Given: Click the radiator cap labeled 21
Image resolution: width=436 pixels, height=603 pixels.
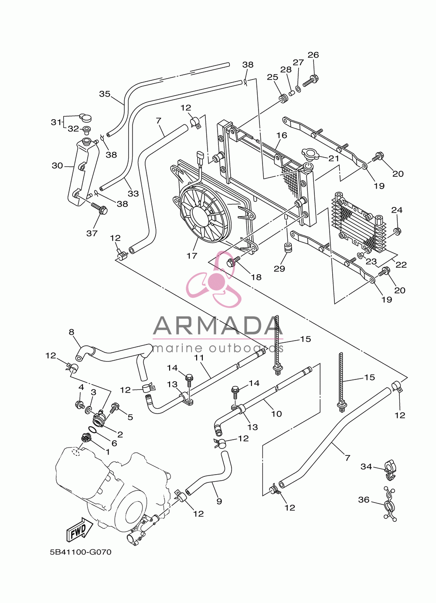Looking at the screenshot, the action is click(x=310, y=154).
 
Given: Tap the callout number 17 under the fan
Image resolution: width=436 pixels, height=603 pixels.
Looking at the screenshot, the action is click(x=192, y=255).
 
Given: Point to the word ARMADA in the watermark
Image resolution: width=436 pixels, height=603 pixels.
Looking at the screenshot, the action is click(x=218, y=326).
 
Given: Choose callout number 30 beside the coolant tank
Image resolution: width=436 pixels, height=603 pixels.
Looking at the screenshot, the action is click(x=57, y=165).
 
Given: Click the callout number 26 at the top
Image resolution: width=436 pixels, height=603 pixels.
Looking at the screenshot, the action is click(x=313, y=55).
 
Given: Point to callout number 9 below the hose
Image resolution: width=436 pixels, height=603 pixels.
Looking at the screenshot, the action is click(x=219, y=501).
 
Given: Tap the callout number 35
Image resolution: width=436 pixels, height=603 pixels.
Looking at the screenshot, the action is click(x=105, y=94).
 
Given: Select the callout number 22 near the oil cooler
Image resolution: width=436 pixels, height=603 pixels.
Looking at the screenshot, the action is click(x=401, y=265).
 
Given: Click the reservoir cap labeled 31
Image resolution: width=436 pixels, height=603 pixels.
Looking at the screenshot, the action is click(x=85, y=117).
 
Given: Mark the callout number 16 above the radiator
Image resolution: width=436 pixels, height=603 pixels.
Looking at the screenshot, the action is click(x=282, y=135).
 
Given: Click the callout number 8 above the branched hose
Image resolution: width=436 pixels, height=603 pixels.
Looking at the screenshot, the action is click(x=71, y=332).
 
